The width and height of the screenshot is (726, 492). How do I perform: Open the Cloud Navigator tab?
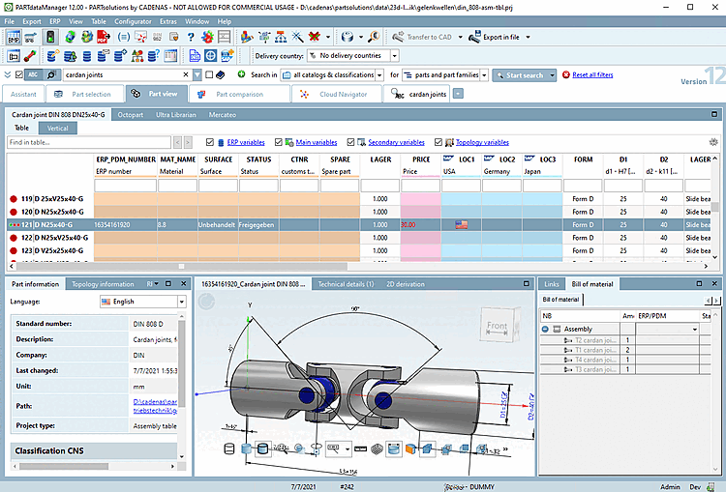pyautogui.click(x=339, y=94)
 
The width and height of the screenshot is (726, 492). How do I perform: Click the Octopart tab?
pyautogui.click(x=131, y=114)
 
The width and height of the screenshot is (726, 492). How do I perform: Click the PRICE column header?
pyautogui.click(x=421, y=159)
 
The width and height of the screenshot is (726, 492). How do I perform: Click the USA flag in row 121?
pyautogui.click(x=462, y=223)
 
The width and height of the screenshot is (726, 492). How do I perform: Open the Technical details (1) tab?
pyautogui.click(x=346, y=284)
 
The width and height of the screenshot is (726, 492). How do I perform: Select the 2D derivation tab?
pyautogui.click(x=406, y=284)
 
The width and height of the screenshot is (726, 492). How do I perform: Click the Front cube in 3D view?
pyautogui.click(x=497, y=327)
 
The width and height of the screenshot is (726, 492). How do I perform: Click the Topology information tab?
pyautogui.click(x=103, y=284)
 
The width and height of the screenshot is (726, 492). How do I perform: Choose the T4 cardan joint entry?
pyautogui.click(x=594, y=360)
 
